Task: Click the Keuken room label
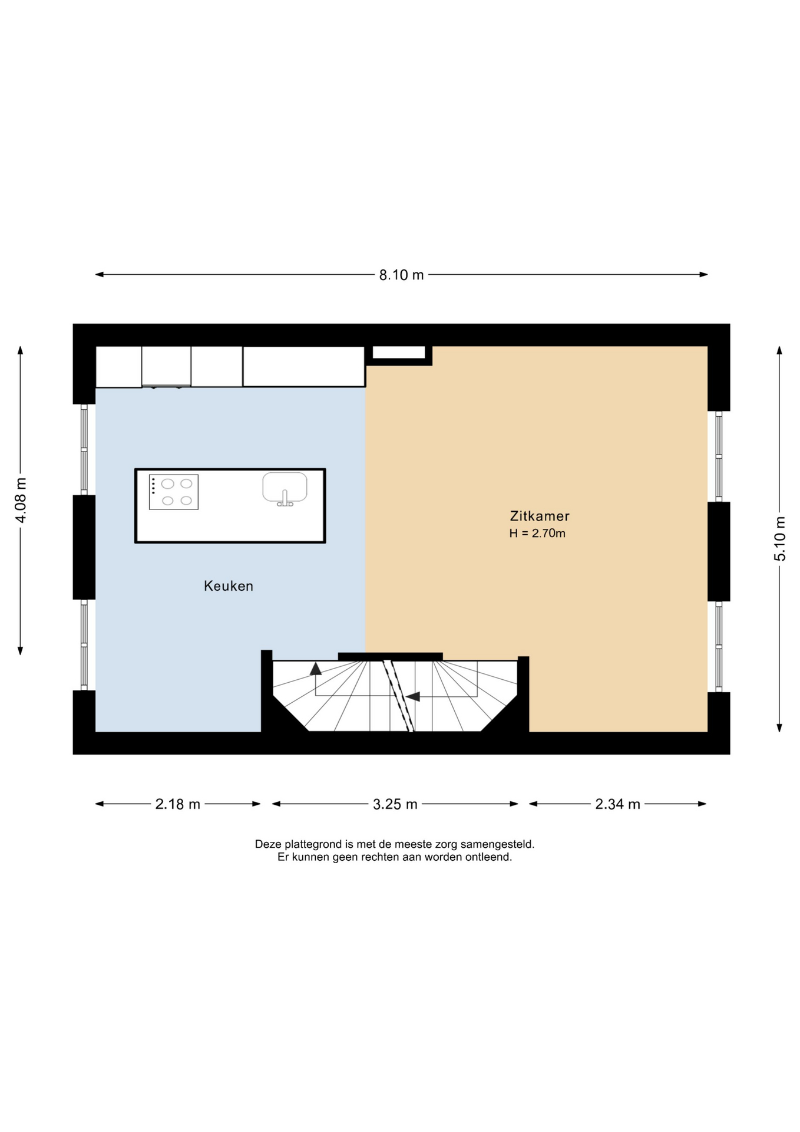pos(229,586)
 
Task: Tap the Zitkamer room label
pos(540,516)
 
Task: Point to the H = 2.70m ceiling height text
pos(537,534)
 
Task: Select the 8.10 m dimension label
pos(401,275)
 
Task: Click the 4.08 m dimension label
pos(21,500)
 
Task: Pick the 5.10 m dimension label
pos(780,539)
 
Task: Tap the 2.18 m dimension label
pos(178,804)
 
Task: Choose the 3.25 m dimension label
pos(395,804)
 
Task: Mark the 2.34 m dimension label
pos(617,804)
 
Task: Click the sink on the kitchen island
pos(285,488)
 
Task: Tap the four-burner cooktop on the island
pos(174,492)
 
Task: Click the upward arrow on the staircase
pos(316,668)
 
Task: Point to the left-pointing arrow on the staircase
pos(412,696)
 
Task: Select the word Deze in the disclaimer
pos(267,844)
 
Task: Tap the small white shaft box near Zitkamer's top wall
pos(399,353)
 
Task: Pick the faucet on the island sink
pos(285,499)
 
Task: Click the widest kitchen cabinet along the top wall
pos(304,367)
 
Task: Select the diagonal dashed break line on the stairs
pos(398,696)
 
